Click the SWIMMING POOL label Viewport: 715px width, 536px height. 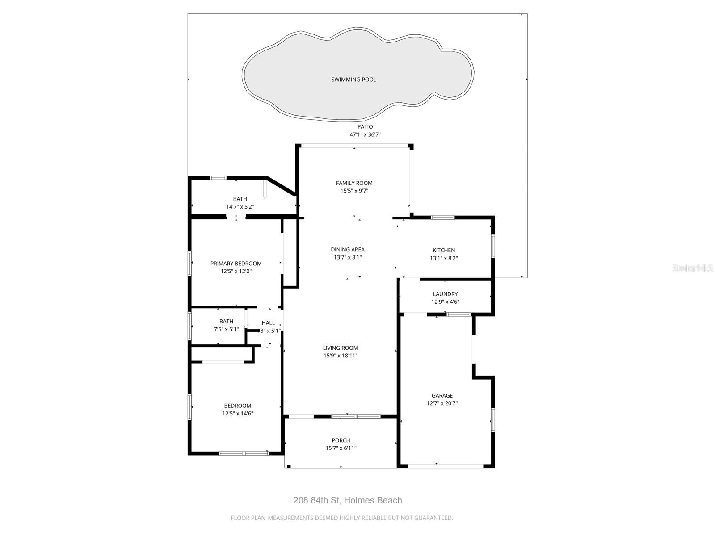[353, 80]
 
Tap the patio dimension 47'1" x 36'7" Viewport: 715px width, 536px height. [365, 134]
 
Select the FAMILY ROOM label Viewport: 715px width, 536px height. [354, 183]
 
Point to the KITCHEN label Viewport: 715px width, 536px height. [444, 251]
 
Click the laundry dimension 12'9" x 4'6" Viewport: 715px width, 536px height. [445, 302]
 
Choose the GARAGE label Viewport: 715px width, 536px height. [442, 396]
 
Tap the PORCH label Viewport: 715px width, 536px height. [341, 440]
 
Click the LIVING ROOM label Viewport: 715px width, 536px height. [341, 348]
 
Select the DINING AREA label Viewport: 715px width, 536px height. [348, 250]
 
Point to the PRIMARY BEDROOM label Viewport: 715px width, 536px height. [236, 264]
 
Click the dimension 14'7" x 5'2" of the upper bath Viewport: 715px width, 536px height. [240, 207]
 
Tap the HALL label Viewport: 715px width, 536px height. [268, 323]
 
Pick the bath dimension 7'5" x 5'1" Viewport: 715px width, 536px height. [226, 329]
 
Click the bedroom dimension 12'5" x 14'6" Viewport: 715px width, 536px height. [238, 414]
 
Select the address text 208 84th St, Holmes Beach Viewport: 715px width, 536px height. [348, 500]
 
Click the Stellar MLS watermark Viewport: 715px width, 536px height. [693, 268]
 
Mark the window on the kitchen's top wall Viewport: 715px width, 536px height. [442, 218]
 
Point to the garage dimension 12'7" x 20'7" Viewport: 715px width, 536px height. [442, 403]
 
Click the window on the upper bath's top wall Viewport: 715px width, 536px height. [219, 178]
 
